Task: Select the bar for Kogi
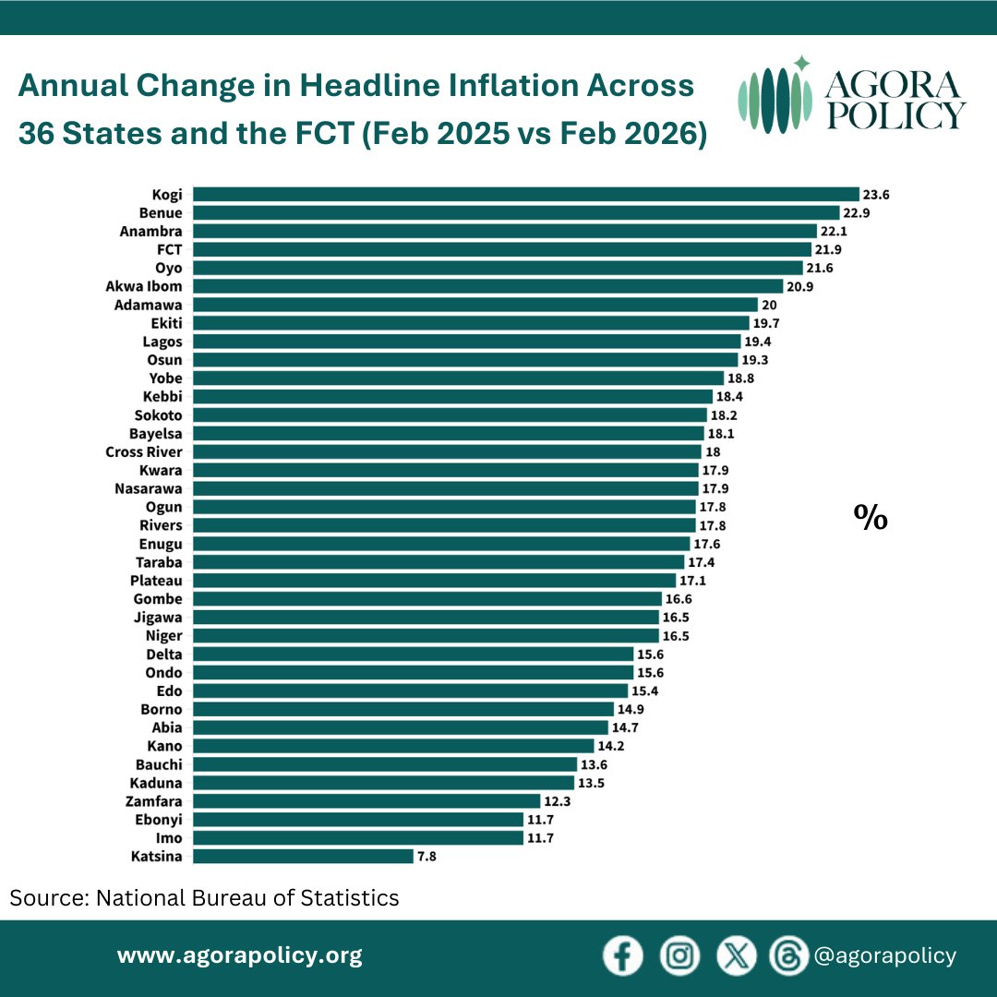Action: coord(526,194)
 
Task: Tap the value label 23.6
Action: coord(876,195)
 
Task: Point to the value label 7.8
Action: coord(426,857)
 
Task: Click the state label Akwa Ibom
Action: coord(144,286)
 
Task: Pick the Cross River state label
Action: coord(144,451)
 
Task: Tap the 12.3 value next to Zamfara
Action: coord(558,801)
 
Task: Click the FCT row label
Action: coord(170,249)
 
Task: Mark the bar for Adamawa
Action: coord(475,305)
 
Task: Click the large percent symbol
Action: coord(870,518)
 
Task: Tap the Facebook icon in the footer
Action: coord(623,956)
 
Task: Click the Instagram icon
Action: coord(679,956)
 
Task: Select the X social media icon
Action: coord(736,956)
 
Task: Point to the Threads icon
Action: coord(788,956)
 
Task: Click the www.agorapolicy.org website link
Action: coord(239,955)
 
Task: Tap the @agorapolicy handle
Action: coord(883,956)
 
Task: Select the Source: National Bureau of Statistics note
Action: coord(205,897)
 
